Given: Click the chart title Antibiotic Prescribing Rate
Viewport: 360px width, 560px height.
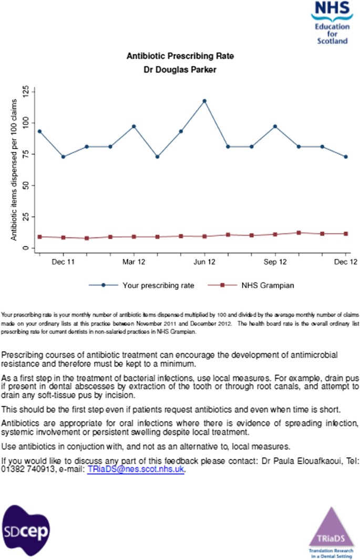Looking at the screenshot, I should pyautogui.click(x=180, y=56).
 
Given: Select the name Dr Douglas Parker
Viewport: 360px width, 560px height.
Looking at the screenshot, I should pyautogui.click(x=180, y=69).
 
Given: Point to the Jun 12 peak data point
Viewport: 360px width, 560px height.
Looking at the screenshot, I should pyautogui.click(x=204, y=101).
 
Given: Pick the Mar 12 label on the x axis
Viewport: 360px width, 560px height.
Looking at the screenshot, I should pyautogui.click(x=134, y=261).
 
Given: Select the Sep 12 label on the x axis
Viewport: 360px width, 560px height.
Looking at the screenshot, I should pyautogui.click(x=275, y=261).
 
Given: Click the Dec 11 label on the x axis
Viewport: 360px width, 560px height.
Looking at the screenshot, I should pyautogui.click(x=63, y=261).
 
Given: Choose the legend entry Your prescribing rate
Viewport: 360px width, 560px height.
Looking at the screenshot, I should pyautogui.click(x=158, y=286).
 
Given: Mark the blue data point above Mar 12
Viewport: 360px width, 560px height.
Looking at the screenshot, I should pyautogui.click(x=134, y=126).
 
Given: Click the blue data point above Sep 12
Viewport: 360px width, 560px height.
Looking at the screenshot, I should pyautogui.click(x=275, y=126).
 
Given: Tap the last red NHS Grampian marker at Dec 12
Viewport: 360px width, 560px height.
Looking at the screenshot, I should pyautogui.click(x=346, y=233).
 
